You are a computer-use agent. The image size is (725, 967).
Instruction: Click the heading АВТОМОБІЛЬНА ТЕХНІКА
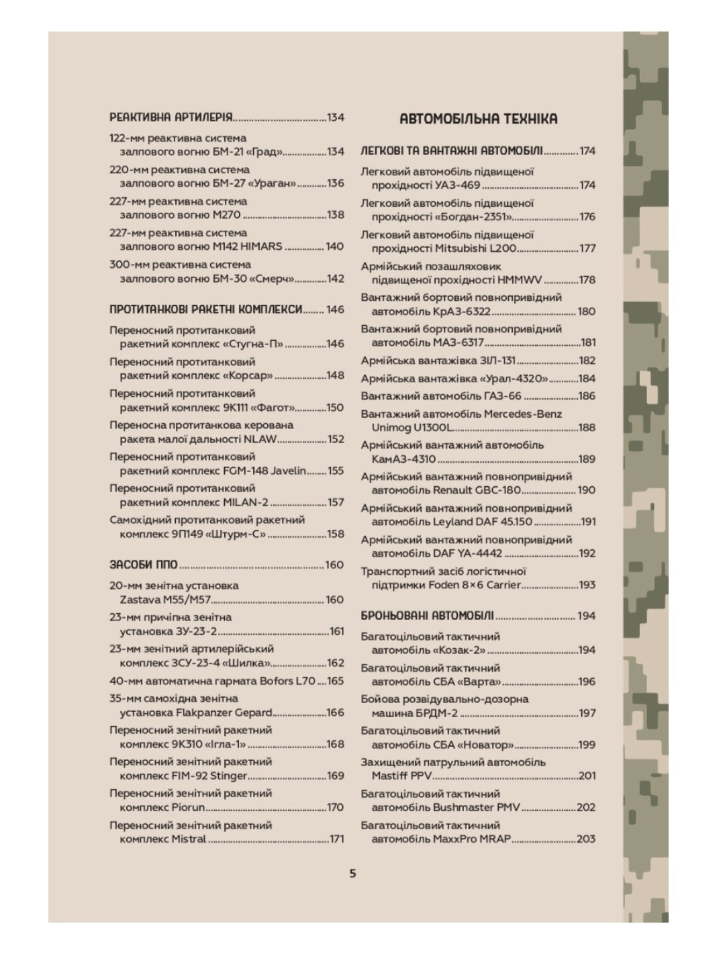pos(478,119)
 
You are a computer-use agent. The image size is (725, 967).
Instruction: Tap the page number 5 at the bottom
pos(352,874)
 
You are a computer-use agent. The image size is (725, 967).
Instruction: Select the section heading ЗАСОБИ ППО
pos(143,565)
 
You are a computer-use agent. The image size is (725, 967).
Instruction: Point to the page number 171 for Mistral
pos(336,839)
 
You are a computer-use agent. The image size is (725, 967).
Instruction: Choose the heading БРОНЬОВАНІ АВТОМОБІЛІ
pos(427,616)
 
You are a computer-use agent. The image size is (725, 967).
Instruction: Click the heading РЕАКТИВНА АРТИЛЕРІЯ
pos(171,118)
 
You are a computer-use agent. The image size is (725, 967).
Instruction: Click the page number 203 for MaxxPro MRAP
pos(586,839)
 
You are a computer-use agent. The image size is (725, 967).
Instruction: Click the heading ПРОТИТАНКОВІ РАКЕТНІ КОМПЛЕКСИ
pos(206,310)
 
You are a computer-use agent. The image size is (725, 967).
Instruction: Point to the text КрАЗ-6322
pos(462,312)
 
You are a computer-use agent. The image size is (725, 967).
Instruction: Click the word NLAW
pos(262,439)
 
